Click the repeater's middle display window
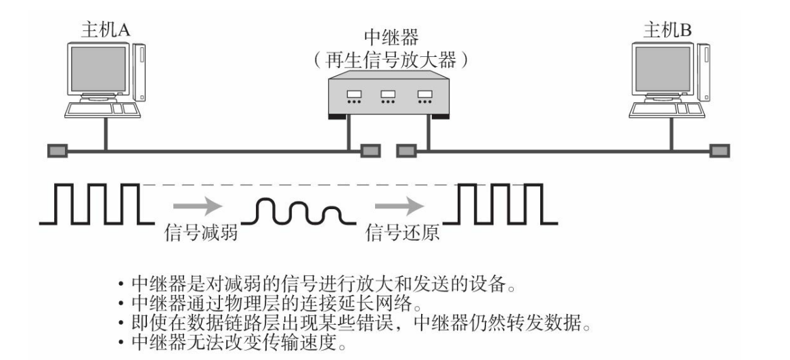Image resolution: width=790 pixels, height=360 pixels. (387, 95)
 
